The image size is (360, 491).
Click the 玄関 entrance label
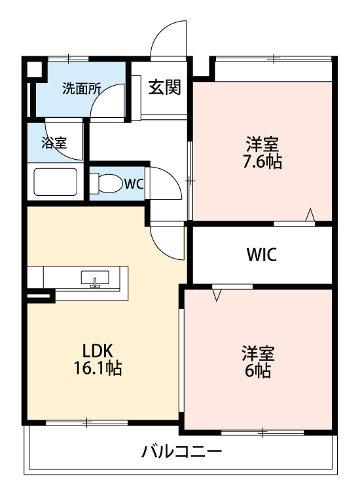point(164,87)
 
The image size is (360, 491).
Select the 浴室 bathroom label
point(54,142)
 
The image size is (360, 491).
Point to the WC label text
point(134,184)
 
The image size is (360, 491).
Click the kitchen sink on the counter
point(96,278)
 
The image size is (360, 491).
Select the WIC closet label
point(261,255)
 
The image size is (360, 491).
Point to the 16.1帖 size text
point(98,368)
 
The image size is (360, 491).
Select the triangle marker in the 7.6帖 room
point(310,215)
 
